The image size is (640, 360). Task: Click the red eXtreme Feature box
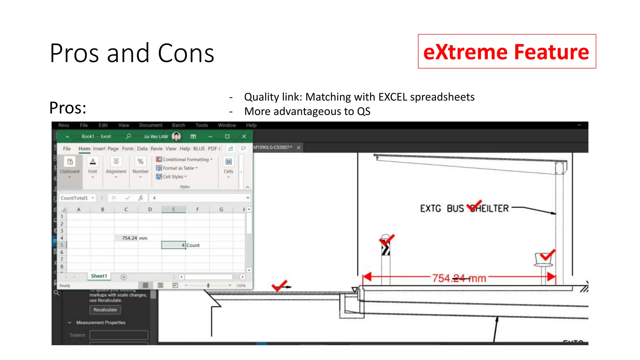pyautogui.click(x=507, y=52)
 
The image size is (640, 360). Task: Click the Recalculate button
pyautogui.click(x=105, y=310)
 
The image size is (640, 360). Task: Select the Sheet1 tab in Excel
pyautogui.click(x=99, y=276)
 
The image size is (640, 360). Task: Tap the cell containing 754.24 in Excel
pyautogui.click(x=126, y=238)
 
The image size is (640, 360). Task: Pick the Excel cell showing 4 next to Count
pyautogui.click(x=173, y=245)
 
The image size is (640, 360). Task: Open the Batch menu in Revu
pyautogui.click(x=178, y=125)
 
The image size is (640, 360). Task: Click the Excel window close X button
pyautogui.click(x=244, y=136)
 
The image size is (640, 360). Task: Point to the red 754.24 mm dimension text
pyautogui.click(x=459, y=278)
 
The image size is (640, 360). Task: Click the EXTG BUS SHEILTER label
pyautogui.click(x=464, y=208)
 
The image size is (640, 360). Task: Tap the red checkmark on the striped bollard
pyautogui.click(x=387, y=240)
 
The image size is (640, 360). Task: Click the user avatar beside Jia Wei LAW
pyautogui.click(x=176, y=136)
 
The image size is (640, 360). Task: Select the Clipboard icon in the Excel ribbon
pyautogui.click(x=70, y=162)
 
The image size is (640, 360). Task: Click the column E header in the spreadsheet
pyautogui.click(x=173, y=209)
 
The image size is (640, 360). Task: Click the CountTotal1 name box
pyautogui.click(x=74, y=198)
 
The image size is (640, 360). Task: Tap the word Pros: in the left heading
pyautogui.click(x=68, y=108)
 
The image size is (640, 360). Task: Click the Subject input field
pyautogui.click(x=119, y=335)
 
